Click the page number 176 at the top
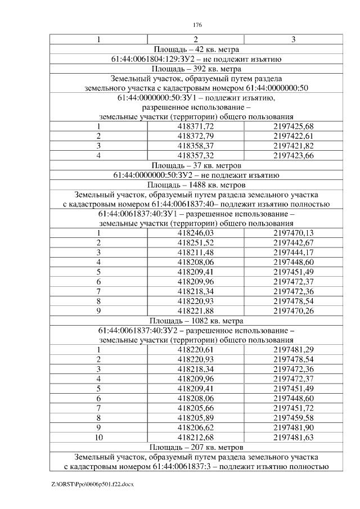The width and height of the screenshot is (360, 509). click(x=197, y=25)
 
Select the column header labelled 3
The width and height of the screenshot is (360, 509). click(x=294, y=39)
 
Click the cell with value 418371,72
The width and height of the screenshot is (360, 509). click(x=196, y=127)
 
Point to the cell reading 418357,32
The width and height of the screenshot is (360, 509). click(x=196, y=156)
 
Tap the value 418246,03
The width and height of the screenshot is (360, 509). click(x=196, y=233)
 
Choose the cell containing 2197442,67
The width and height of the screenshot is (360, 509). click(x=294, y=243)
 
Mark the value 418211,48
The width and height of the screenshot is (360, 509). click(x=196, y=253)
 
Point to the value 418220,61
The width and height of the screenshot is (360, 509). click(x=196, y=350)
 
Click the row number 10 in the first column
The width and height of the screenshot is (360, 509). click(x=98, y=437)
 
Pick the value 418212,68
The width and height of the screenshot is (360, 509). click(x=196, y=437)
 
